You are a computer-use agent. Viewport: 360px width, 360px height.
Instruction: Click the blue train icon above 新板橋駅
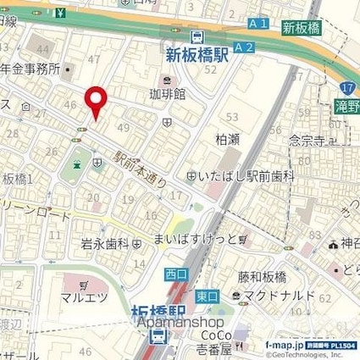(197, 36)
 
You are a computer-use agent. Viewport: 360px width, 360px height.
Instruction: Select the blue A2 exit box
(244, 47)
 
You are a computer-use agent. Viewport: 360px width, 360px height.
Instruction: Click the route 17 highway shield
(347, 86)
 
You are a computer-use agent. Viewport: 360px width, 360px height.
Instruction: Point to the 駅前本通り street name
(140, 167)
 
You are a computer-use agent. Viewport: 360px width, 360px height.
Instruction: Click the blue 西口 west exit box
(173, 274)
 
